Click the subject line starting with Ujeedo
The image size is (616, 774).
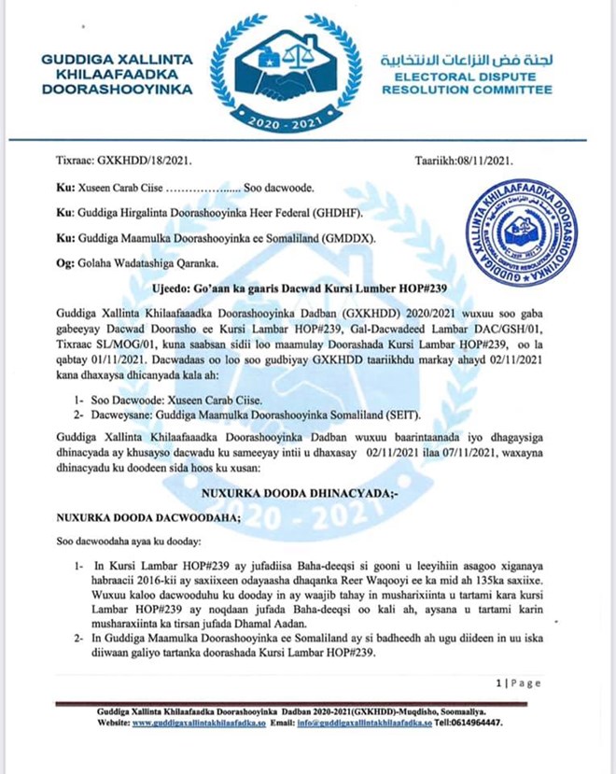click(307, 290)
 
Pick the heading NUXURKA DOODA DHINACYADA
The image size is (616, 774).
click(307, 487)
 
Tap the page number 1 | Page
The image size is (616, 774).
click(519, 683)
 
